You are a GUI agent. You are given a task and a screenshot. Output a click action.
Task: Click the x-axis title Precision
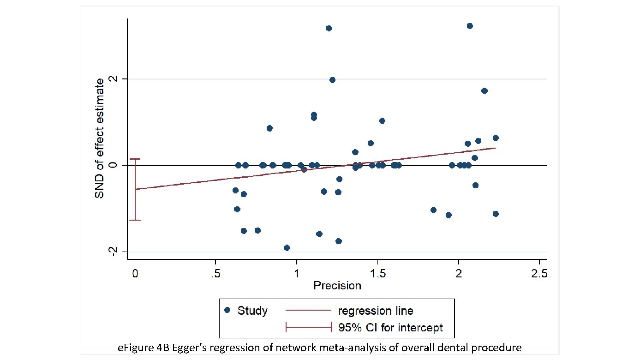point(337,286)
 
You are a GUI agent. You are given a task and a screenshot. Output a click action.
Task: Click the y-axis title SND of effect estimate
point(99,138)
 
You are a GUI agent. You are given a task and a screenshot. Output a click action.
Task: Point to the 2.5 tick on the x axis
point(539,273)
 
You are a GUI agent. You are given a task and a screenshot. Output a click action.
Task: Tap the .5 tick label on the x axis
point(215,273)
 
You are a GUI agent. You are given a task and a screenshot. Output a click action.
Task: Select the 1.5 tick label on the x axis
point(377,273)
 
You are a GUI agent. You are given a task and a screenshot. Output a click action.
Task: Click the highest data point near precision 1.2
point(329,28)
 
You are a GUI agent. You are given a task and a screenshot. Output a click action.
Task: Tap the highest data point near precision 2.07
point(470,26)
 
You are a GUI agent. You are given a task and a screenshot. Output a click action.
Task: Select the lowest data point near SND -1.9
point(287,248)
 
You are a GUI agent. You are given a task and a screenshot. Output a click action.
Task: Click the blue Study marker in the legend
point(227,310)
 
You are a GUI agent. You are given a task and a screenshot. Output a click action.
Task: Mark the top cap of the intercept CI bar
point(135,159)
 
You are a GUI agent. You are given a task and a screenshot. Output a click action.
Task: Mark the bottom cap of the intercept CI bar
point(135,220)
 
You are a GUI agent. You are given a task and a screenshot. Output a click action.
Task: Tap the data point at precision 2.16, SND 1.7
point(484,90)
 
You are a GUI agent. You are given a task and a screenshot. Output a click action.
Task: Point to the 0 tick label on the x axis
point(135,273)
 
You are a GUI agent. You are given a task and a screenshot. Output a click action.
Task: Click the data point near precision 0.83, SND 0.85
point(269,128)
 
